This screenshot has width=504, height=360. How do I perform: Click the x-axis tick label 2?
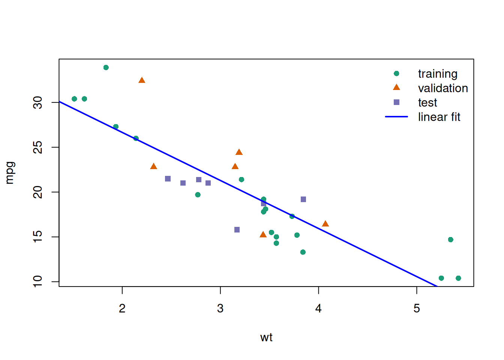(122, 308)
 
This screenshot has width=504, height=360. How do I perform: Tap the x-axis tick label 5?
(417, 308)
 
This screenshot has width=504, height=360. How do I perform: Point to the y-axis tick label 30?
(38, 102)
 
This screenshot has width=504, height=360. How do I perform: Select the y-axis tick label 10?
(38, 281)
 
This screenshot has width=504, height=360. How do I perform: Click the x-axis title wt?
(266, 337)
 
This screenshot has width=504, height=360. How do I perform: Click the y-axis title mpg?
(10, 172)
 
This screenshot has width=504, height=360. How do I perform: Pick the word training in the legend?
(438, 74)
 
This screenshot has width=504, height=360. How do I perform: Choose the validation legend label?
(443, 88)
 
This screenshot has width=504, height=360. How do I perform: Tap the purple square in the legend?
(396, 102)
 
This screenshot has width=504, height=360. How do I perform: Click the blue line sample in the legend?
(396, 117)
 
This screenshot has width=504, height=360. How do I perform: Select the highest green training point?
(106, 67)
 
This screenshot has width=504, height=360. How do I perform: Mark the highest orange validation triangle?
(142, 80)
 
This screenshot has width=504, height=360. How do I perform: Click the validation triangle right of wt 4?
(325, 224)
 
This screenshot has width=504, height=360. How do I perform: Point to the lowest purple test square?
(237, 229)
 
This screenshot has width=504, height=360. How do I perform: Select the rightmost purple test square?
(303, 199)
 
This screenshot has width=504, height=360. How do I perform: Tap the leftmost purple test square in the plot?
(168, 179)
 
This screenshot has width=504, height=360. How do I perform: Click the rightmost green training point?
(458, 278)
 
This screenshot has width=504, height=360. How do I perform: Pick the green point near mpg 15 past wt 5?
(451, 240)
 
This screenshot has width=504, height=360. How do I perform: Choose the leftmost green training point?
(74, 99)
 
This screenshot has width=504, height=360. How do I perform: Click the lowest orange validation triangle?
(263, 235)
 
